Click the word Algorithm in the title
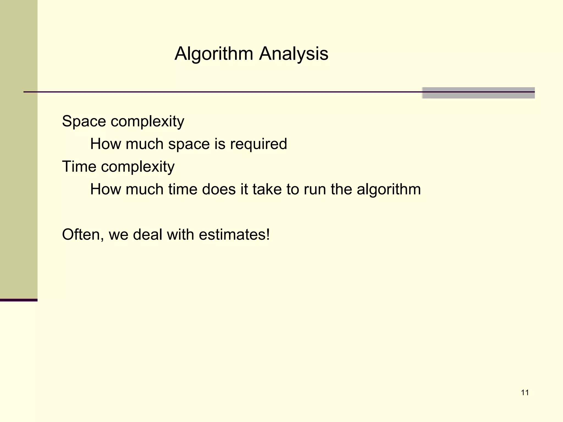pyautogui.click(x=214, y=54)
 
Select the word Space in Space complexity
pyautogui.click(x=84, y=121)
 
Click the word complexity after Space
pyautogui.click(x=147, y=122)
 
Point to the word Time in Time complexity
pyautogui.click(x=79, y=166)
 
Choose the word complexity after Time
pyautogui.click(x=138, y=167)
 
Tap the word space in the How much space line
pyautogui.click(x=189, y=145)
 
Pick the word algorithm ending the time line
pyautogui.click(x=389, y=190)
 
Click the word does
pyautogui.click(x=219, y=189)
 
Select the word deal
pyautogui.click(x=148, y=235)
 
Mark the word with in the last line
pyautogui.click(x=180, y=235)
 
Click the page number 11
pyautogui.click(x=525, y=393)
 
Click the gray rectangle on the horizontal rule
pyautogui.click(x=478, y=93)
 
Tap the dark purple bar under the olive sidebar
pyautogui.click(x=19, y=300)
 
